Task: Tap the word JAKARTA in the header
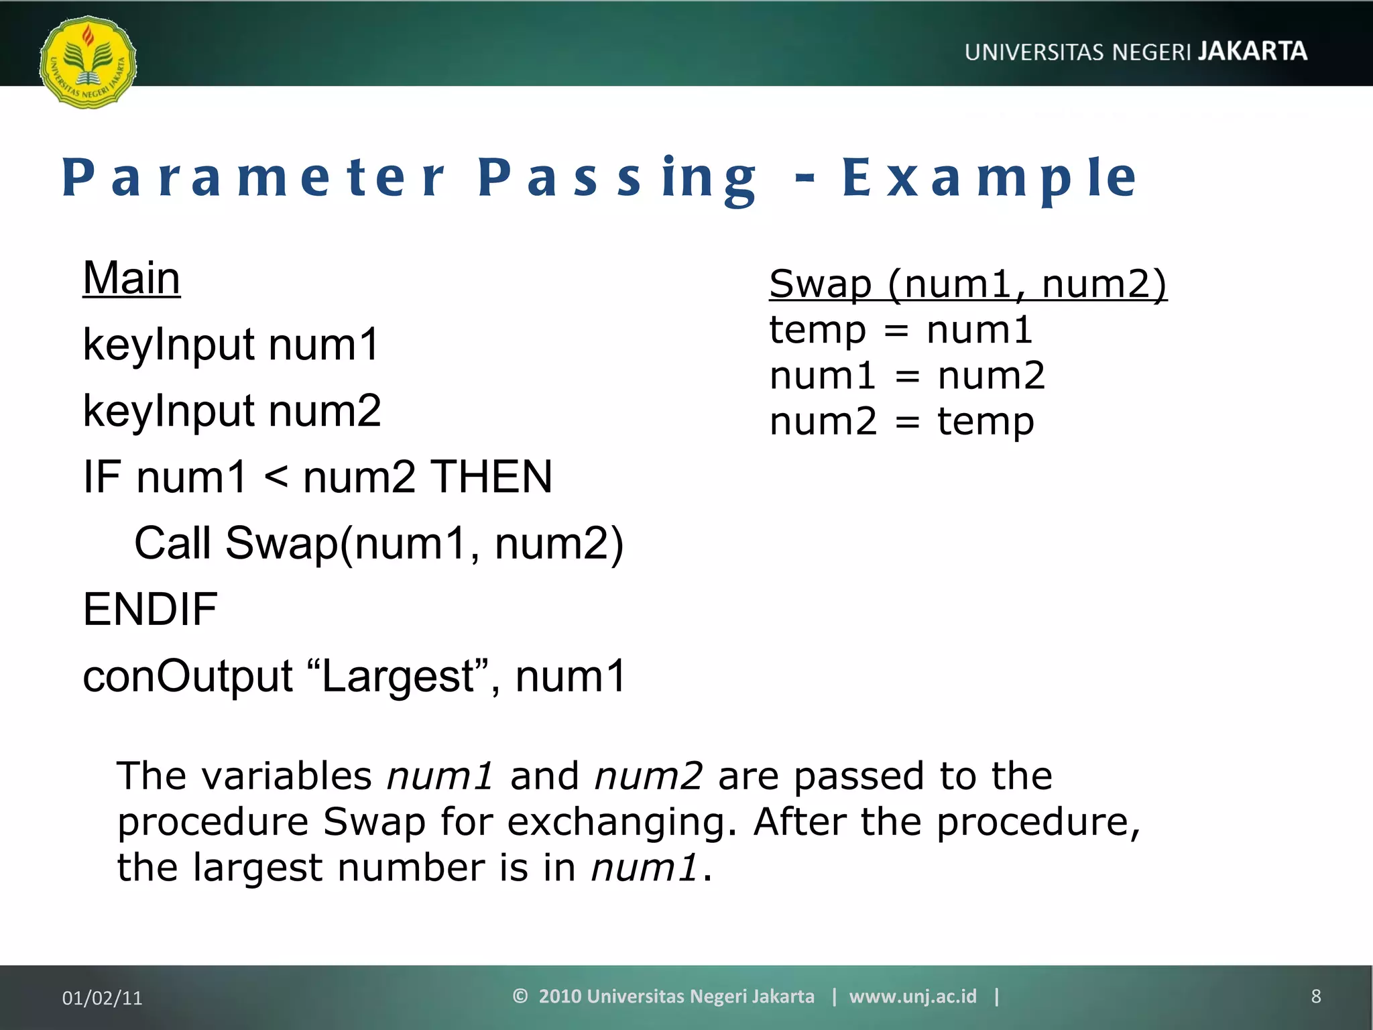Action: [1252, 52]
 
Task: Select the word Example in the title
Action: [990, 178]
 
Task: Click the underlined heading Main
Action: [131, 278]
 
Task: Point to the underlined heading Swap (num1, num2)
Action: [967, 284]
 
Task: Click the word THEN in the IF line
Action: [491, 477]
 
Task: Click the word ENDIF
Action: [150, 610]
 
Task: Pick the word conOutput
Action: [188, 676]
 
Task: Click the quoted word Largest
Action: [400, 676]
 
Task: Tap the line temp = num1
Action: [900, 330]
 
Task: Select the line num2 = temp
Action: [901, 422]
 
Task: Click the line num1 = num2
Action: [906, 376]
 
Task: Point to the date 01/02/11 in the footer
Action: [102, 998]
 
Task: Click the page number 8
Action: [1315, 996]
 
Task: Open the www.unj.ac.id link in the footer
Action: [912, 996]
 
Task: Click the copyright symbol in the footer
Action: [520, 996]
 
